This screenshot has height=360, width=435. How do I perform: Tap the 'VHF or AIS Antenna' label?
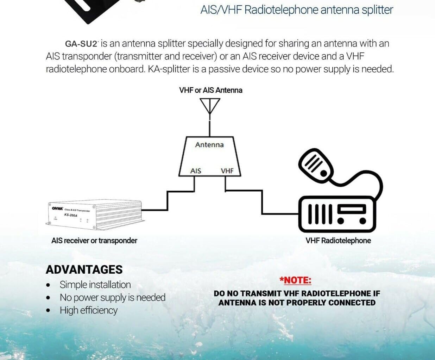coord(210,90)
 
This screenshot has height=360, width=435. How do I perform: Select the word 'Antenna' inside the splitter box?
coord(209,145)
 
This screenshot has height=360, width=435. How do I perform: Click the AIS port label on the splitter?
coord(196,171)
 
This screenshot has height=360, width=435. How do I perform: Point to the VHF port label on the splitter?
coord(227,171)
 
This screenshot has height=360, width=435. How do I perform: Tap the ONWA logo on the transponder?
coord(57,208)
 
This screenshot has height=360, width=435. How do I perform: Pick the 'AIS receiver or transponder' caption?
coord(94,241)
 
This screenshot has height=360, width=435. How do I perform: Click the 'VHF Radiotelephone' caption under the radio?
coord(338,241)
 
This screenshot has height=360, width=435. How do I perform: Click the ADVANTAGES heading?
coord(84,269)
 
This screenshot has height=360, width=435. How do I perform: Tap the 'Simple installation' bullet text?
coord(95,285)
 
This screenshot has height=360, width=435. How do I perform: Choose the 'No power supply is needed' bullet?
coord(112,298)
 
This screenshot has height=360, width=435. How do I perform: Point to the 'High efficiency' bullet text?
coord(88,310)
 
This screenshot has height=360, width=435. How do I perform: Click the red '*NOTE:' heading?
coord(295,280)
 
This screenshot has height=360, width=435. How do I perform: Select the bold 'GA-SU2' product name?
coord(81,44)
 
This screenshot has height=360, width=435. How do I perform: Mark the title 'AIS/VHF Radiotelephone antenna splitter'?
coord(296,10)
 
